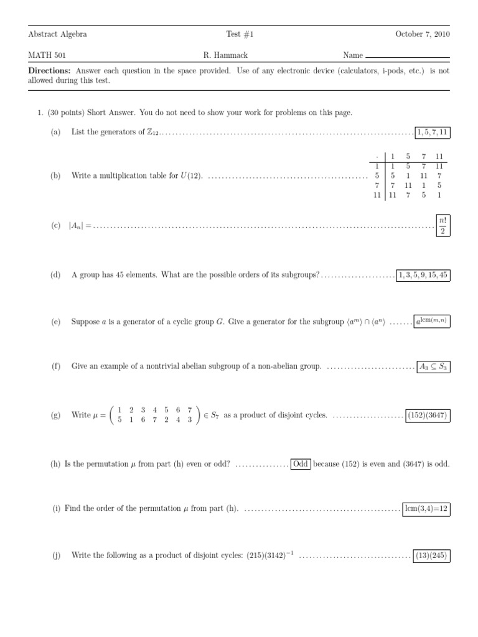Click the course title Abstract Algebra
58,34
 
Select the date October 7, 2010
423,34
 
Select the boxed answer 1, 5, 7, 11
432,132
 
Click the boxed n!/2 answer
443,226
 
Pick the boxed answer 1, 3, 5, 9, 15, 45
423,274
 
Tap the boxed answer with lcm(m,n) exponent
430,321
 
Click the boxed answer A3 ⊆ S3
433,367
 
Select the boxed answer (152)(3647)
427,415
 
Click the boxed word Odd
301,463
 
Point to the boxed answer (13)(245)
432,556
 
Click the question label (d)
56,275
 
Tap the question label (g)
56,415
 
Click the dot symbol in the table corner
377,157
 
